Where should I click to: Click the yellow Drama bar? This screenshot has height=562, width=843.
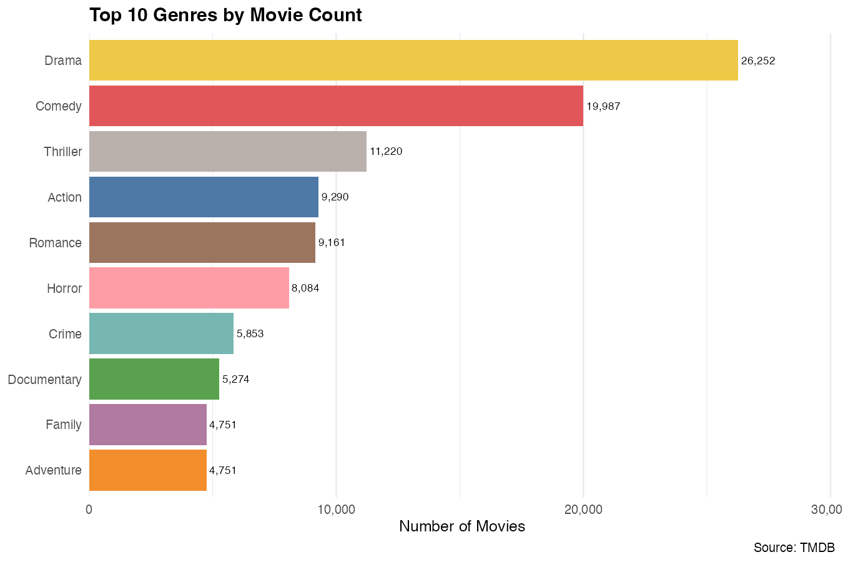(x=413, y=61)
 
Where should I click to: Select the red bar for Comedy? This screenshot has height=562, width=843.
(x=336, y=106)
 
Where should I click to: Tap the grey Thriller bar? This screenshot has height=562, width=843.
(x=228, y=151)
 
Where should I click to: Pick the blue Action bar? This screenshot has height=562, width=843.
(x=204, y=197)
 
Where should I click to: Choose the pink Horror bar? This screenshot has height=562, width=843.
(x=189, y=288)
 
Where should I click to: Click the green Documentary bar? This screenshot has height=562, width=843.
(x=154, y=379)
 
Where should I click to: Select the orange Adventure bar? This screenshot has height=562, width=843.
(x=148, y=470)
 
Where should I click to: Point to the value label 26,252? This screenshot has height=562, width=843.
(x=758, y=61)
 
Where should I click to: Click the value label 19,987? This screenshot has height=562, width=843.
(x=603, y=106)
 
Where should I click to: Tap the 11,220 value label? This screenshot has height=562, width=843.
(x=386, y=151)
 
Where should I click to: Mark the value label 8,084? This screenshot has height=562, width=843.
(x=305, y=288)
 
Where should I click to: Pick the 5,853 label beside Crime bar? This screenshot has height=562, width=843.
(x=250, y=333)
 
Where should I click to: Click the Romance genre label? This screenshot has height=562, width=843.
(x=55, y=243)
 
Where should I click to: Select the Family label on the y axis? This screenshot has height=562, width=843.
(x=64, y=425)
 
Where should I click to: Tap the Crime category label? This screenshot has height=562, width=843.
(x=65, y=334)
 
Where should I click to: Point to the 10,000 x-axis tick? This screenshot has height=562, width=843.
(x=336, y=510)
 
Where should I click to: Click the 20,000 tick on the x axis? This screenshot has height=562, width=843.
(x=583, y=510)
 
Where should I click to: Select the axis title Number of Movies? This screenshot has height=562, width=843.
(x=462, y=526)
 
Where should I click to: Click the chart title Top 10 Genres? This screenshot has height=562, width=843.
(x=225, y=15)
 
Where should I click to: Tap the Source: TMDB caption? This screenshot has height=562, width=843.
(x=794, y=548)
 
